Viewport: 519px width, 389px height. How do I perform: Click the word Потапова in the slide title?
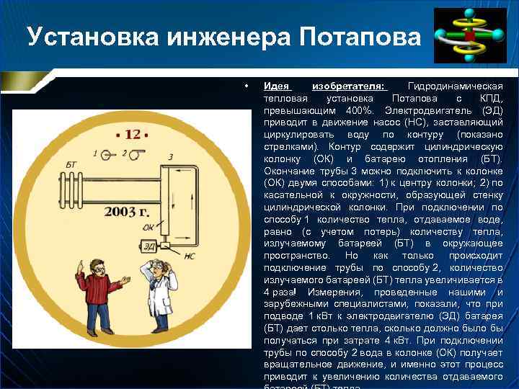click(x=357, y=37)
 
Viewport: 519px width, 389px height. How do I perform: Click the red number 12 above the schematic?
click(x=132, y=134)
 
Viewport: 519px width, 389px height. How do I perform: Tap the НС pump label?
click(x=190, y=255)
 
